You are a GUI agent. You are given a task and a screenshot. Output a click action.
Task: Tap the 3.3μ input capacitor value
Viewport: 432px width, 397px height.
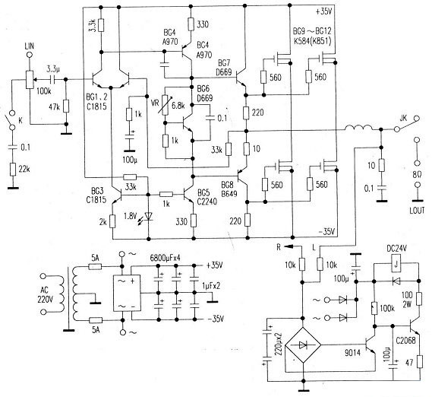pos(54,68)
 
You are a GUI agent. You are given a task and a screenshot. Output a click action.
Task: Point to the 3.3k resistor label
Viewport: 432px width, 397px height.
pos(91,27)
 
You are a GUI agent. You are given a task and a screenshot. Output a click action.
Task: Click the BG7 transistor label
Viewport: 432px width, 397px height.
pos(225,64)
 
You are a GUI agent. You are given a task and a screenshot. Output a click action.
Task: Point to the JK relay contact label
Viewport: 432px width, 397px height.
pos(403,116)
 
